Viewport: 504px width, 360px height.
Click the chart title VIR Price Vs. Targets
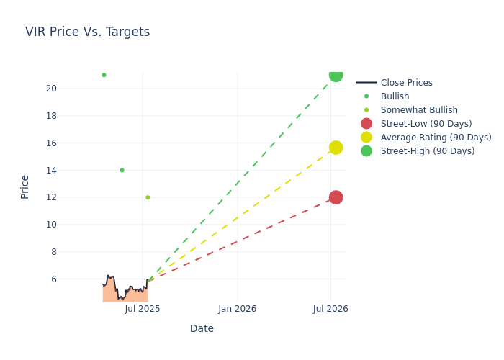(x=87, y=32)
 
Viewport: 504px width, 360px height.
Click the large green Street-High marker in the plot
(x=336, y=75)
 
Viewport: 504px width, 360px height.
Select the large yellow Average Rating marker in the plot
(x=336, y=148)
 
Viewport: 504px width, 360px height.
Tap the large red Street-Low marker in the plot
(x=336, y=197)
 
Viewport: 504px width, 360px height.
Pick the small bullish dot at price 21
(x=104, y=75)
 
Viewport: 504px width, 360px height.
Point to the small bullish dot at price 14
(x=122, y=170)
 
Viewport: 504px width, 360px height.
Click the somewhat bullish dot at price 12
(x=148, y=197)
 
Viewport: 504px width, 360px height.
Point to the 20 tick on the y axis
(x=51, y=89)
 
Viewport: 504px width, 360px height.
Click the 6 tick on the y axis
(x=53, y=279)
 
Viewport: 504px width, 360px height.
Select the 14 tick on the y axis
(x=51, y=170)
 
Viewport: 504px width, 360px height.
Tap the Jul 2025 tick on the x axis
(x=143, y=309)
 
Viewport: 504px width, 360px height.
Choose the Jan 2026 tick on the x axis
(x=238, y=309)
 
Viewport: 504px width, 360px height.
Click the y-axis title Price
(x=25, y=186)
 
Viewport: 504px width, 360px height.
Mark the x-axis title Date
(x=202, y=328)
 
